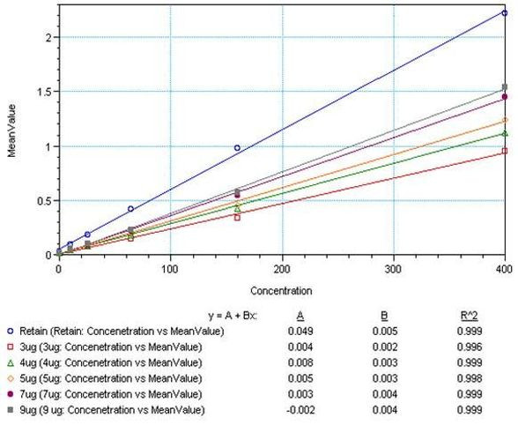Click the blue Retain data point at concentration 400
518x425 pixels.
click(x=504, y=13)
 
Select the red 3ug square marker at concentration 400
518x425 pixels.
click(x=504, y=151)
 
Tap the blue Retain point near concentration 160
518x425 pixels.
click(x=237, y=148)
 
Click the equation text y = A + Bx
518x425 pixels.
click(x=233, y=316)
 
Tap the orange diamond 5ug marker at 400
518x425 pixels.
click(x=504, y=120)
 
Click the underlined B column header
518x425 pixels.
click(x=380, y=316)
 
